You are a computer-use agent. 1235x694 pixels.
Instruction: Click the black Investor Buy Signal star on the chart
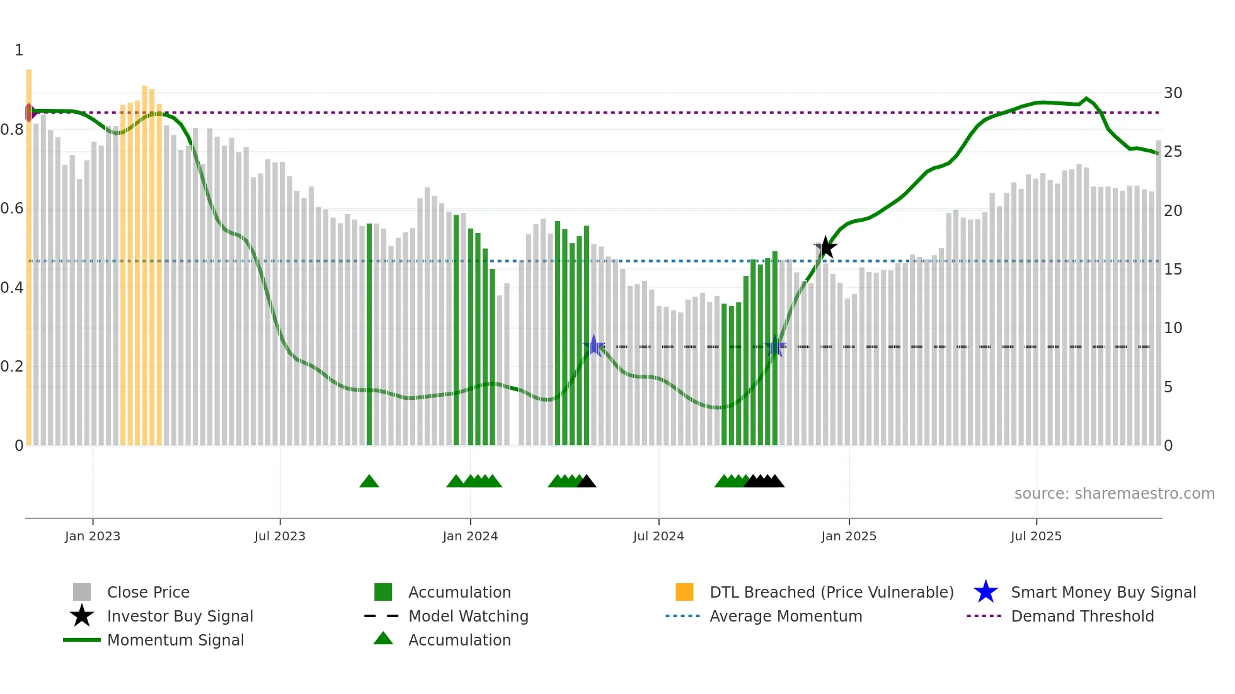point(825,247)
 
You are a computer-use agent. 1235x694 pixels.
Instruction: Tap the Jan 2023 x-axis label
point(93,536)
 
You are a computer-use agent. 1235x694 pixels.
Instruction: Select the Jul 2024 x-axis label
point(658,536)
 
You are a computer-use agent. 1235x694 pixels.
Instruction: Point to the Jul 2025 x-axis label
point(1036,536)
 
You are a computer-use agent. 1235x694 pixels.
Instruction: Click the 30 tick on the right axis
point(1173,93)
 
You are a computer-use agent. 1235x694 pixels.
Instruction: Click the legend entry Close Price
point(148,592)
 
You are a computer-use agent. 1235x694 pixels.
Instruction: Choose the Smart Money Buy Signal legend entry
point(1103,592)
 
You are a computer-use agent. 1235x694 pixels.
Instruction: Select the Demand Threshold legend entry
point(1082,616)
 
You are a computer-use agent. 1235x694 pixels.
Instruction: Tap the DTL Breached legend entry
point(831,592)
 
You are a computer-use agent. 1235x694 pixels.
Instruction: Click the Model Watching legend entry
point(468,616)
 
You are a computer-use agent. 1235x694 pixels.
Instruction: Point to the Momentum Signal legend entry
point(175,640)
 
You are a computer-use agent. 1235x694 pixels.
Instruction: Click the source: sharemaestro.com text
point(1114,494)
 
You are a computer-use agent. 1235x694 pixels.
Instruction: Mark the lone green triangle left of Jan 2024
point(369,482)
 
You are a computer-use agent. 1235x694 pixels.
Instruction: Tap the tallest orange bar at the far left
point(29,252)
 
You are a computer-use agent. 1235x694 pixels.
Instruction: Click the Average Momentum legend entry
point(786,616)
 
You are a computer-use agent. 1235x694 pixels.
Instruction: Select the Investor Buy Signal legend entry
point(180,616)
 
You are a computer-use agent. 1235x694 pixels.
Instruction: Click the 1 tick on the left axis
point(19,50)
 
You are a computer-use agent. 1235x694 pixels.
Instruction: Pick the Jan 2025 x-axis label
point(849,536)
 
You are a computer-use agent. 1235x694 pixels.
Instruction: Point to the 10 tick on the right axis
point(1173,328)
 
